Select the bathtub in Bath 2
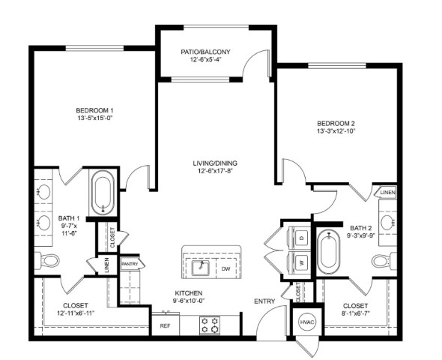tap(328, 252)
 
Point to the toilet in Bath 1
tap(47, 260)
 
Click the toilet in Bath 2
tap(384, 261)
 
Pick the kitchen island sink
tap(201, 268)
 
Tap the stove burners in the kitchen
tap(210, 325)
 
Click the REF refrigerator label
tap(165, 326)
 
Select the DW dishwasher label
tap(225, 268)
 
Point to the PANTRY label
tap(130, 264)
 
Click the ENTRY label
tap(264, 301)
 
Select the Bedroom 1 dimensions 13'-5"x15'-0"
tap(95, 118)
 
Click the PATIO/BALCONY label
tap(205, 52)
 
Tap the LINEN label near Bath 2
tap(387, 193)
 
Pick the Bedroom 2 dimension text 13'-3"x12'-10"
tap(336, 131)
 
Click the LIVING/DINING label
tap(215, 163)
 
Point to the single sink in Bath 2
tap(387, 222)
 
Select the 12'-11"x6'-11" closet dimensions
tap(75, 313)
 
